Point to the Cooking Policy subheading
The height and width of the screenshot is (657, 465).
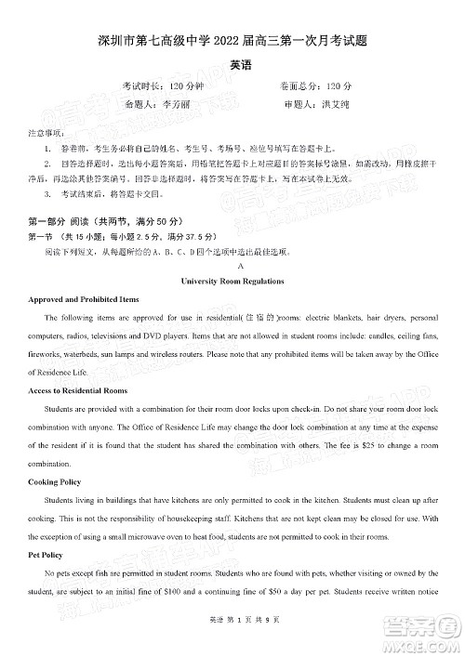click(58, 481)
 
